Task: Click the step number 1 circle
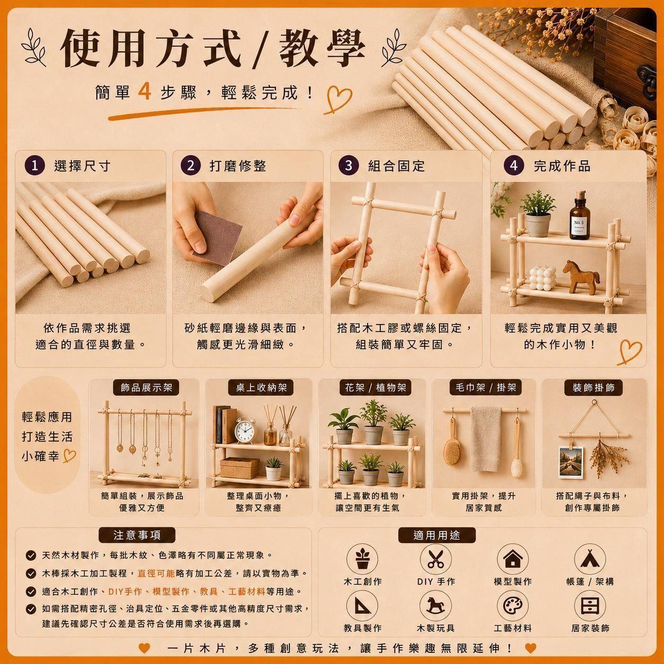[x=35, y=166]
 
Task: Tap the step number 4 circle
[x=514, y=166]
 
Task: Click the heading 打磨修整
[x=238, y=166]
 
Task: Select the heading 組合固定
[x=396, y=166]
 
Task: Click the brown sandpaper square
[x=218, y=237]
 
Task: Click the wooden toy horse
[x=581, y=277]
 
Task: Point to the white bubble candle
[x=543, y=278]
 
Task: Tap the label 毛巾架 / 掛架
[x=486, y=388]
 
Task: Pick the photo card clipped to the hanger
[x=571, y=462]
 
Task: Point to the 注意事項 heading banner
[x=137, y=535]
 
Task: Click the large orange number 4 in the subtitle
[x=145, y=92]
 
